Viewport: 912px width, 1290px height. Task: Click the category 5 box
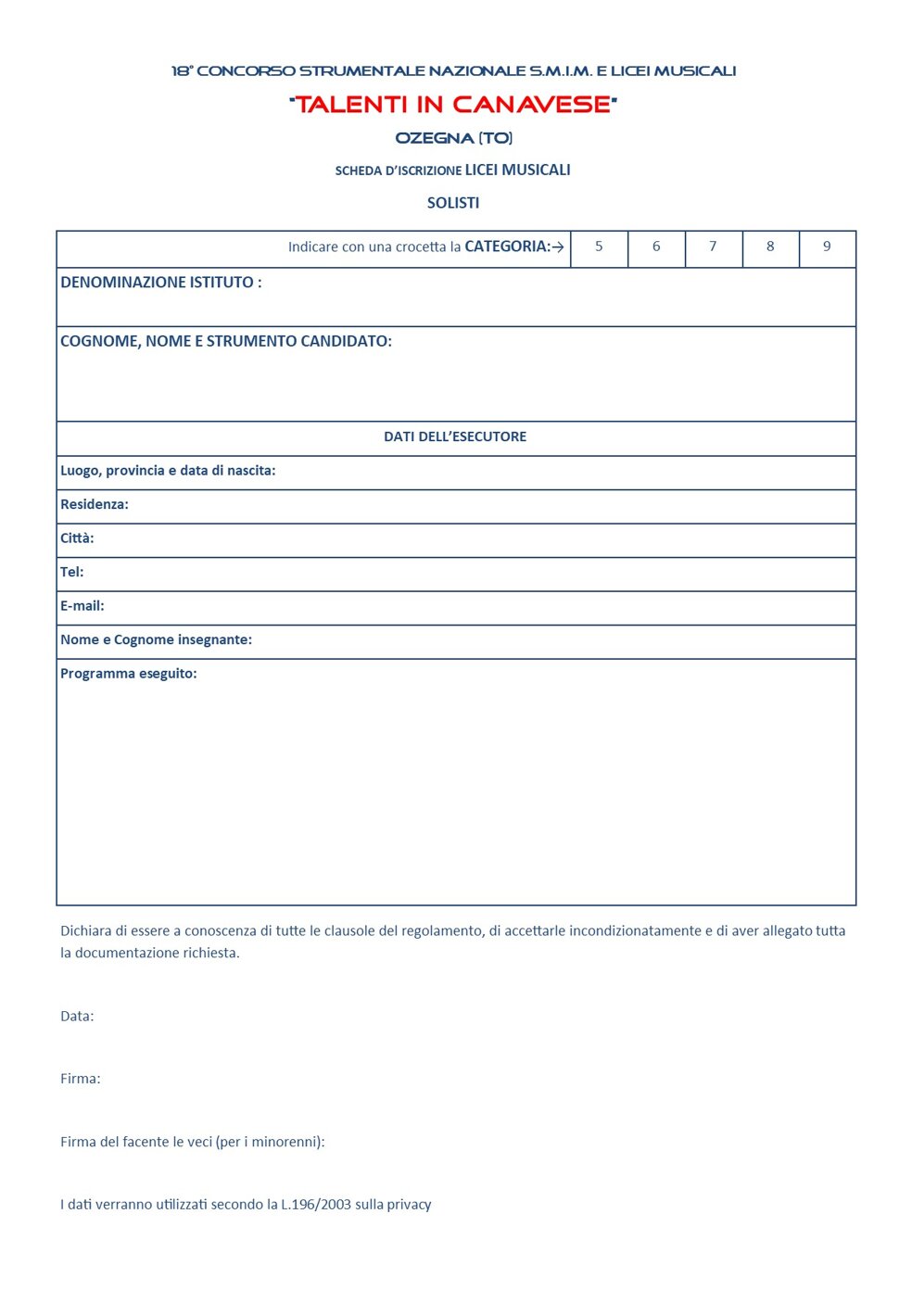tap(599, 247)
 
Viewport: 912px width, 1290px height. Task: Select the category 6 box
tap(656, 247)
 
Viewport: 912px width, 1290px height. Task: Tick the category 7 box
tap(713, 247)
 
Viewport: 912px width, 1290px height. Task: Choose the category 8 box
tap(770, 247)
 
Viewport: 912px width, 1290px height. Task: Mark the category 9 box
tap(827, 247)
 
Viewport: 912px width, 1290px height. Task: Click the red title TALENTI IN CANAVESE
tap(453, 105)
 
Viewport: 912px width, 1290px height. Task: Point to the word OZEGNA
tap(435, 138)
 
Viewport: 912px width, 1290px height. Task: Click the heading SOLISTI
tap(453, 203)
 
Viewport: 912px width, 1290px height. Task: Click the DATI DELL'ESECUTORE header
tap(455, 436)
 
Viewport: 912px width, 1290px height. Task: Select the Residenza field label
tap(95, 505)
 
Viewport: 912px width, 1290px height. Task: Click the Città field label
tap(77, 538)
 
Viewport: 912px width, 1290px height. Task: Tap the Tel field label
tap(72, 573)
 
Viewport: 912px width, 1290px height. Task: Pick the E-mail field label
tap(82, 606)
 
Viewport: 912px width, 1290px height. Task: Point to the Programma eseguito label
tap(129, 674)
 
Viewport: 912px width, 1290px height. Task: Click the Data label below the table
tap(77, 1017)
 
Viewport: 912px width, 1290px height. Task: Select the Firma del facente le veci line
tap(193, 1143)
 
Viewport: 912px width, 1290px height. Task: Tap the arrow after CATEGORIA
tap(558, 247)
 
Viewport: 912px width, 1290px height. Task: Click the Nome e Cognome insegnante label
tap(156, 640)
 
